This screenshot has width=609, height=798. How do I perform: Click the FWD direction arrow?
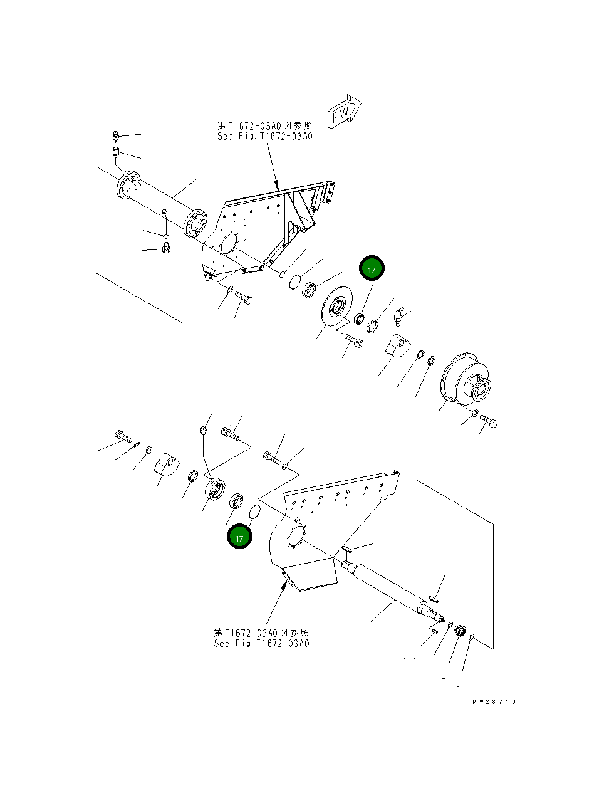(344, 113)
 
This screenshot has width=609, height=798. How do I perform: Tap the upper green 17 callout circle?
(372, 269)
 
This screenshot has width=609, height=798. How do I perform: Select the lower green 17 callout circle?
(239, 537)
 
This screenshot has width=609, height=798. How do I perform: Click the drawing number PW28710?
(494, 702)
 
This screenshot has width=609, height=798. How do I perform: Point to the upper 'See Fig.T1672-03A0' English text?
(264, 136)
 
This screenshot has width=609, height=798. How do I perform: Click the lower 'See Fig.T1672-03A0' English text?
(261, 643)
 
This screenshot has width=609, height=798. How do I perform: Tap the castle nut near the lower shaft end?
(459, 631)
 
